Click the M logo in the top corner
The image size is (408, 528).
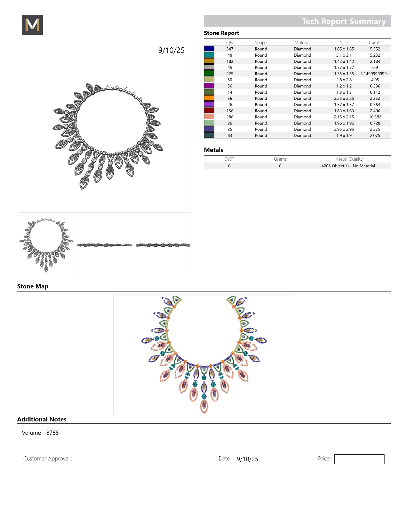(32, 25)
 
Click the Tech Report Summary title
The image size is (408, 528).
(344, 21)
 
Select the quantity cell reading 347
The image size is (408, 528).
(230, 49)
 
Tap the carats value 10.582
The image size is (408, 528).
(375, 117)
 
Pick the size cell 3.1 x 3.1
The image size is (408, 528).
(344, 55)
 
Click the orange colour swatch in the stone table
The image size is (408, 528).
(209, 98)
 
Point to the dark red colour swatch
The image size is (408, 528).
(209, 111)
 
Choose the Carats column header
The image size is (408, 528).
(375, 43)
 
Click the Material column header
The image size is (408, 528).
(302, 43)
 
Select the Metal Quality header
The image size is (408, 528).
(349, 159)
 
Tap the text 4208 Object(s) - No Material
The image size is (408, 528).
(348, 166)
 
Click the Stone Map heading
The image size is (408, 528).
(33, 286)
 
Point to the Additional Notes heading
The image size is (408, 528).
(42, 419)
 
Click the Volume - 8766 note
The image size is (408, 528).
(40, 433)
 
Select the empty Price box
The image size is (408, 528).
(359, 459)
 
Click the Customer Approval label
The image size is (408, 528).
(48, 459)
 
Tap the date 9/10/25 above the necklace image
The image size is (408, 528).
(171, 50)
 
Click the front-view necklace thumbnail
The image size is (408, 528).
(46, 245)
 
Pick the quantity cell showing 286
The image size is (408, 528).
(230, 117)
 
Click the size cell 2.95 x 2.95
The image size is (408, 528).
(344, 129)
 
